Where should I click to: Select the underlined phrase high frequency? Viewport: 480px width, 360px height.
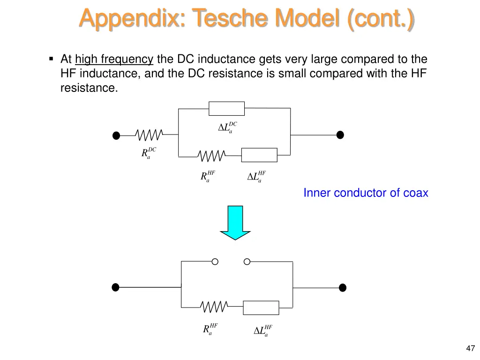tap(114, 60)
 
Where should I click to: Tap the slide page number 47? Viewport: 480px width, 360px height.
tap(471, 348)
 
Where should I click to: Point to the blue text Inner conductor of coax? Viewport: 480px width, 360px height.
tap(366, 193)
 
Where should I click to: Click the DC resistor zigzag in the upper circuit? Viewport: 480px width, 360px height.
tap(149, 135)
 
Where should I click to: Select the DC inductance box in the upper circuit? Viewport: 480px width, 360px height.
tap(226, 109)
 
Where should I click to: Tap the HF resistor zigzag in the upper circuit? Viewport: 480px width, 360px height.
tap(211, 155)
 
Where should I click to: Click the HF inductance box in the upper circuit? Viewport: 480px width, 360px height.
tap(259, 155)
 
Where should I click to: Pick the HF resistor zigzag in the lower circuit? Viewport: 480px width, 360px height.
tap(214, 307)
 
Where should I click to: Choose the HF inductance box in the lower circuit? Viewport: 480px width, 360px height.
tap(261, 307)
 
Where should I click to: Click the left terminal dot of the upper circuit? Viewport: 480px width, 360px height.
tap(116, 136)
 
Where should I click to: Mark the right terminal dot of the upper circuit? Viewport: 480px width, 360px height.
tap(340, 135)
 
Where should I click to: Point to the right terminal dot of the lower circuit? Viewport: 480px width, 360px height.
tap(343, 287)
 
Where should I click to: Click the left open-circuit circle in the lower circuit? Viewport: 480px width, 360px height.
tap(215, 262)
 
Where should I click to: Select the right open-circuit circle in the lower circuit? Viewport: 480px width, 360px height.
tap(247, 262)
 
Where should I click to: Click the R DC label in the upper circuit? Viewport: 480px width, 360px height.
tap(148, 153)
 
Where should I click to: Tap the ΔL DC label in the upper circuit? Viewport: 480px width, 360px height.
tap(227, 127)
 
